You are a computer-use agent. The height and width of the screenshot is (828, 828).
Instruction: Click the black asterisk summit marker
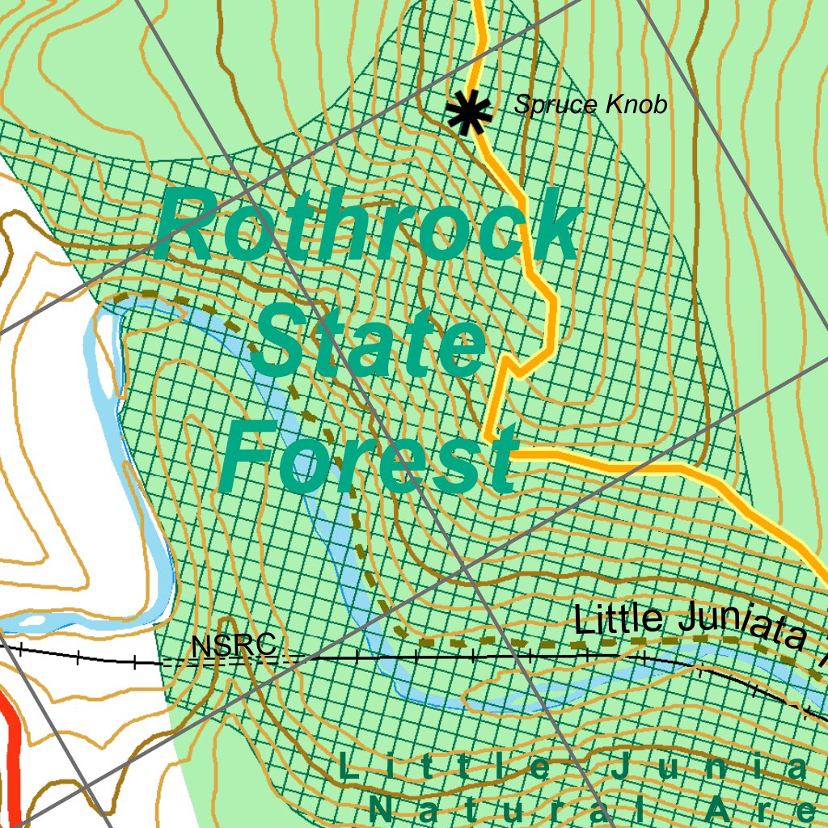[468, 113]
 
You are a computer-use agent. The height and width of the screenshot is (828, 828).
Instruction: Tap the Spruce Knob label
[591, 105]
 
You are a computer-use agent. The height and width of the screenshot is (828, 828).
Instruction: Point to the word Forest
[368, 458]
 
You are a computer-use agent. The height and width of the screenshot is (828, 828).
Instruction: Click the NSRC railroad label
[234, 646]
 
